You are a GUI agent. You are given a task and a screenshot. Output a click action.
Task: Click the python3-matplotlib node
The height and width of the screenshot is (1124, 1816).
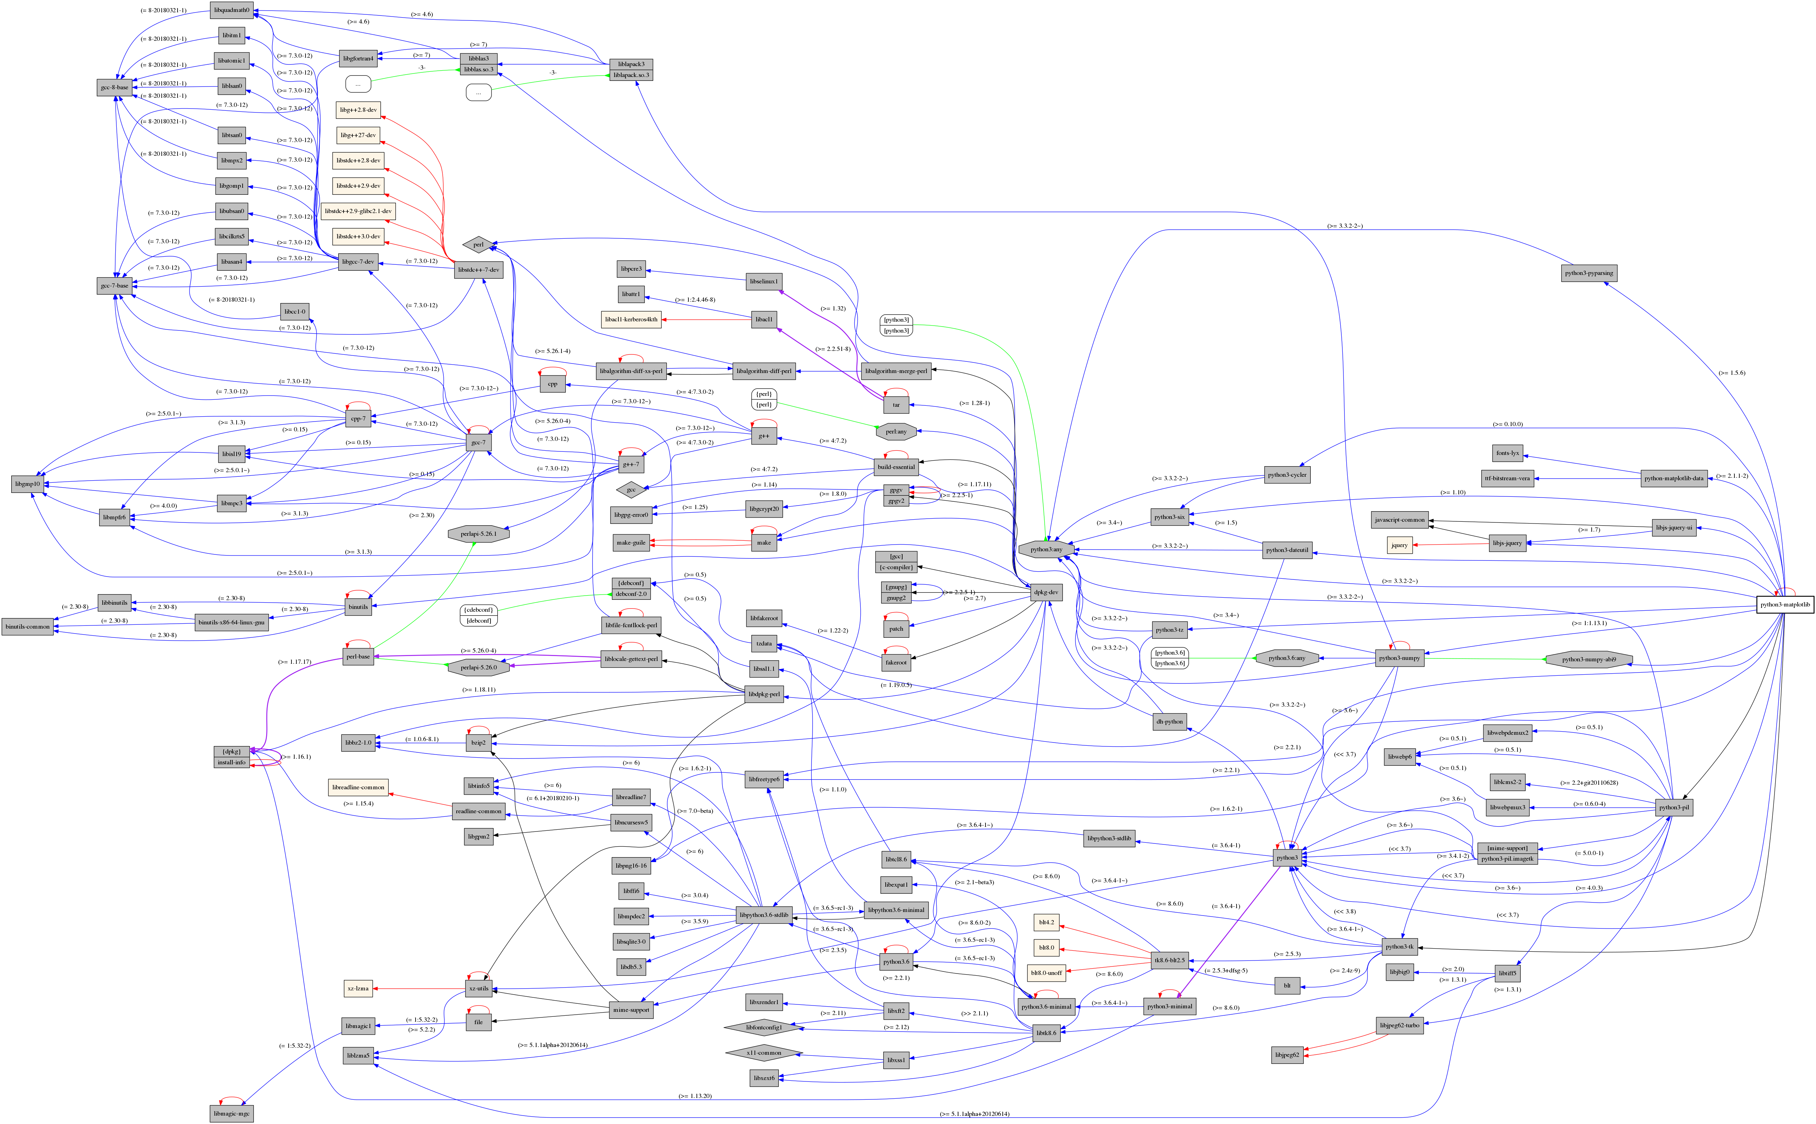pyautogui.click(x=1784, y=604)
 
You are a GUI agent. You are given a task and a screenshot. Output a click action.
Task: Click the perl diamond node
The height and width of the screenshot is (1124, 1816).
pyautogui.click(x=478, y=245)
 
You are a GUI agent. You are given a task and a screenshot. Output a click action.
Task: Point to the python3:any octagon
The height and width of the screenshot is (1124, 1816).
pyautogui.click(x=1046, y=550)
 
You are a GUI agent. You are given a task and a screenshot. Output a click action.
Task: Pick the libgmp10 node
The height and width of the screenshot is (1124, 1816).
pyautogui.click(x=27, y=484)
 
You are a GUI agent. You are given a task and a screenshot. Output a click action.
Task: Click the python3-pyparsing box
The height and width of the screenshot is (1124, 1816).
pyautogui.click(x=1589, y=273)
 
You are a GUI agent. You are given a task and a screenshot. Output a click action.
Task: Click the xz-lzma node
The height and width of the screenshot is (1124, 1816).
pyautogui.click(x=358, y=989)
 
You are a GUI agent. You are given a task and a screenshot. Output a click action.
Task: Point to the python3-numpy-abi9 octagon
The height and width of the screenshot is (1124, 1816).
pyautogui.click(x=1589, y=659)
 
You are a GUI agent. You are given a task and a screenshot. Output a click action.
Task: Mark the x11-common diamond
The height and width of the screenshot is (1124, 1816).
pyautogui.click(x=763, y=1053)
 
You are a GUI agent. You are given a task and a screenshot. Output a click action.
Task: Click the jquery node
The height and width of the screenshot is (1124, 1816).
pyautogui.click(x=1399, y=545)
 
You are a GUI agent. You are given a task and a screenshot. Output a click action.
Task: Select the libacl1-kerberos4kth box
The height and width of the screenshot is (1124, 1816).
pyautogui.click(x=631, y=320)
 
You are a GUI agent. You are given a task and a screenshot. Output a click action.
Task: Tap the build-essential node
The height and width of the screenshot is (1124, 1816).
pyautogui.click(x=896, y=467)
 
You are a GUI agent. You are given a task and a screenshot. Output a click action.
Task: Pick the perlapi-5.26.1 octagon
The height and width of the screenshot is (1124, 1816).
pyautogui.click(x=478, y=534)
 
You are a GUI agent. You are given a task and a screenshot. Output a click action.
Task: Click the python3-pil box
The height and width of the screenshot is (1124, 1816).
pyautogui.click(x=1673, y=807)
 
